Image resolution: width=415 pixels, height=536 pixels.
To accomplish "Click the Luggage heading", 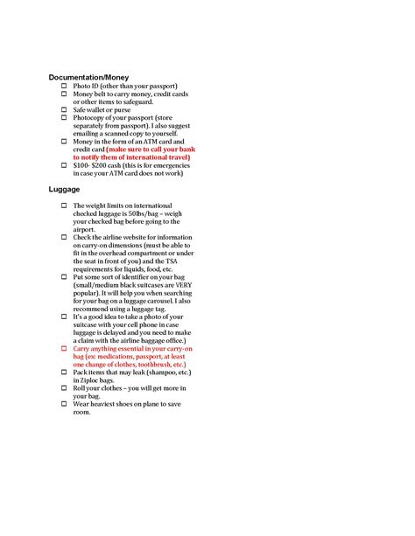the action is coord(64,188).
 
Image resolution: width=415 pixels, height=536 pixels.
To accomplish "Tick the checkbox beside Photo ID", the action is coord(64,87).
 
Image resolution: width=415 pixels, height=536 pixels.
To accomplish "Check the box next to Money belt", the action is coord(64,94).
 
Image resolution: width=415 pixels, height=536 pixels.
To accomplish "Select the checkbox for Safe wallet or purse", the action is coord(64,110).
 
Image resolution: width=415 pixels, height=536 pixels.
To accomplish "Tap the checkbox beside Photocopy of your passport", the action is coord(64,118).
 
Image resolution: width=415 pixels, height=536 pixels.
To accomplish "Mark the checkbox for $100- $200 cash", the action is coord(64,165).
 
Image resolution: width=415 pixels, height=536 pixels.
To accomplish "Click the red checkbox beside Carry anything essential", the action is coord(64,348).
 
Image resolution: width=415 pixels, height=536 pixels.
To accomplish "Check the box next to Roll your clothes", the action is coord(64,387).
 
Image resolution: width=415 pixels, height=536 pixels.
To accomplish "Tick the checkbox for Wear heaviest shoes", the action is coord(64,403).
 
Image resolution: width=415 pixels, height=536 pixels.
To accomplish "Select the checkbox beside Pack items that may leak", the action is coord(64,372).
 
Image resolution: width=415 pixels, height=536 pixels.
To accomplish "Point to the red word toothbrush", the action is coord(153,364).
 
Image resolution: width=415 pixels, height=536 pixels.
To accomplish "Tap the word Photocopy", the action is coord(90,118).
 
